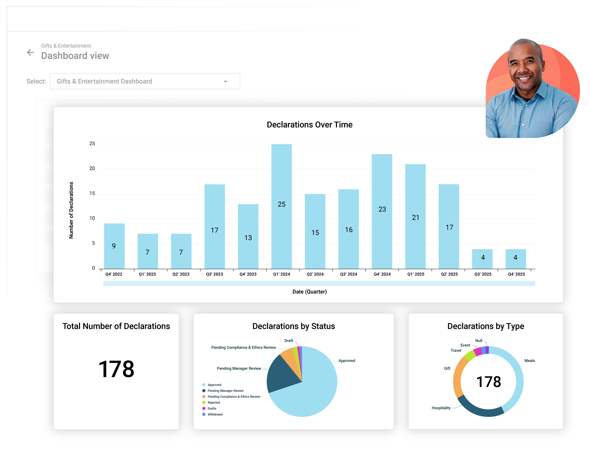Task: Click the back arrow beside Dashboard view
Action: pyautogui.click(x=30, y=52)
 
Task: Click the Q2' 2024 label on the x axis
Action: pyautogui.click(x=315, y=274)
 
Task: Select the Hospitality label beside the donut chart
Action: pyautogui.click(x=441, y=408)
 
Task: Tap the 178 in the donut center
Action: pyautogui.click(x=488, y=382)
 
